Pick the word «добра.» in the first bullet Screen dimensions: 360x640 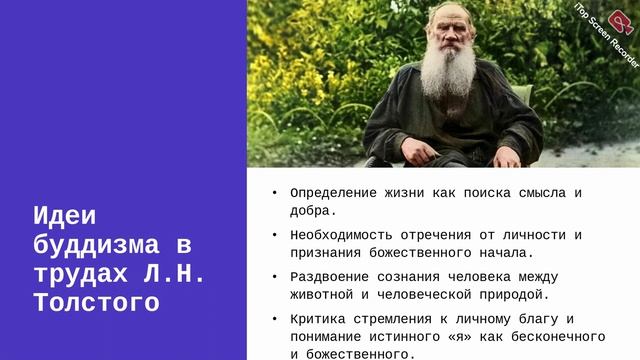[x=313, y=211]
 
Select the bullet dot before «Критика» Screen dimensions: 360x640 [x=275, y=319]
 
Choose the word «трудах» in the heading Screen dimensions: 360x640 [x=81, y=273]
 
